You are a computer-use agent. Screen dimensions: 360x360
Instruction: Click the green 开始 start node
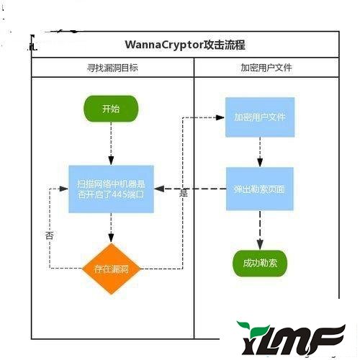[111, 109]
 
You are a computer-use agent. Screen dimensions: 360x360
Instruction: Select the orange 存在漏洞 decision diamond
[111, 269]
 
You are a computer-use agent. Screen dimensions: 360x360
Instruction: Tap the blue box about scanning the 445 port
[111, 188]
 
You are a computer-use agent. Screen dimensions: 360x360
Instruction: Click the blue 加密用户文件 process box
[259, 117]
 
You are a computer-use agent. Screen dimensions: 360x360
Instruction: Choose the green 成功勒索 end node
[259, 263]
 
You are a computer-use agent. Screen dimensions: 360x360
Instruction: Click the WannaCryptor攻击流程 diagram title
[185, 45]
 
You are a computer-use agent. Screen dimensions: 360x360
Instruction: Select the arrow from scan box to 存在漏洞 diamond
[111, 230]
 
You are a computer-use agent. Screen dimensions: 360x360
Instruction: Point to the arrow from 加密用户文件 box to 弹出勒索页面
[259, 153]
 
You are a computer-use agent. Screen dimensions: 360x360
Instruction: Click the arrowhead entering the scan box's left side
[65, 189]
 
